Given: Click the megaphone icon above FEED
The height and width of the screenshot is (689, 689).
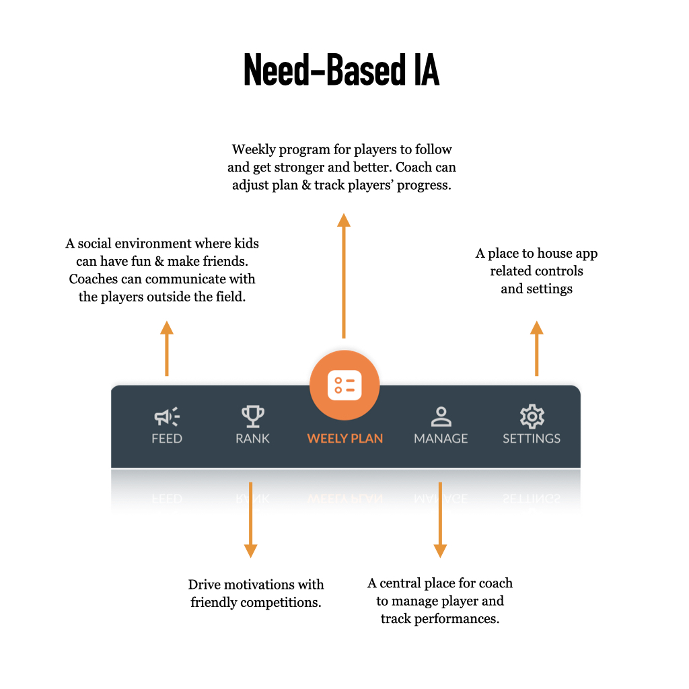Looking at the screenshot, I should [166, 417].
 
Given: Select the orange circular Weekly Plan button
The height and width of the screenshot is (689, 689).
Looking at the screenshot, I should [344, 386].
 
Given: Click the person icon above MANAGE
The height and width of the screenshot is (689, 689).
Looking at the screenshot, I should [441, 416].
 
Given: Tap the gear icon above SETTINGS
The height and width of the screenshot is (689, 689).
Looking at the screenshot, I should [532, 416].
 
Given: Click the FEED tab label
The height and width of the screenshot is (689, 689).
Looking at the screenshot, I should [167, 439].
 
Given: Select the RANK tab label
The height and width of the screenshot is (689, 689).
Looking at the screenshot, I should [253, 439].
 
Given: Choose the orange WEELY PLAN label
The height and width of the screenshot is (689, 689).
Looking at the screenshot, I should [344, 439].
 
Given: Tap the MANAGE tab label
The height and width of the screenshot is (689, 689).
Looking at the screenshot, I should [441, 439].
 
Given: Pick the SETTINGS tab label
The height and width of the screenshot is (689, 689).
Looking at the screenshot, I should [532, 439].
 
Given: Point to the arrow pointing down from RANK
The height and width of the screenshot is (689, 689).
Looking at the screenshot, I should [250, 519].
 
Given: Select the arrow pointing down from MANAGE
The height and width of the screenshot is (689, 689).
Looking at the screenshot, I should [440, 519].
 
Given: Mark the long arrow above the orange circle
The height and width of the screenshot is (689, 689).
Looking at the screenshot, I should [344, 276].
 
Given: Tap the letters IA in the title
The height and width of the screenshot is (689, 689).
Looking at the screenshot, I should [424, 70].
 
